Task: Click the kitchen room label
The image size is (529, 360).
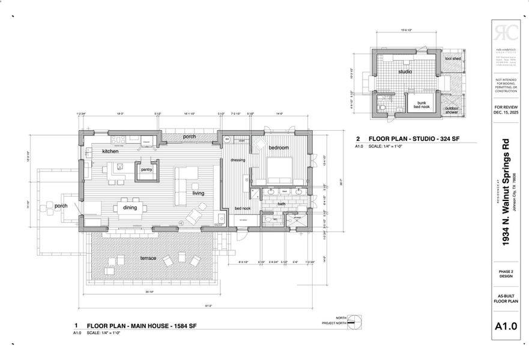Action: pos(110,151)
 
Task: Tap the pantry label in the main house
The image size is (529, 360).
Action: pos(147,170)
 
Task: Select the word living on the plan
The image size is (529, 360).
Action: pos(198,193)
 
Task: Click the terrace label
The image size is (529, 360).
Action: pos(148,258)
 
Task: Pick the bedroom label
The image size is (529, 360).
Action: pos(279,147)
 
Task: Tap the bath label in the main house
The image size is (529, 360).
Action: pos(282,204)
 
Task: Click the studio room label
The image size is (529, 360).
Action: pos(405,71)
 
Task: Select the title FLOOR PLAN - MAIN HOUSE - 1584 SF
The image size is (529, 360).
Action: pos(142,326)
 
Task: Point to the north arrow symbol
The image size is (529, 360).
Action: pos(355,323)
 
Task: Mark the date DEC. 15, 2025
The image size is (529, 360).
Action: pos(505,113)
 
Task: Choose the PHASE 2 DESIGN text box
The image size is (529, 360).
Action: pos(505,274)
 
